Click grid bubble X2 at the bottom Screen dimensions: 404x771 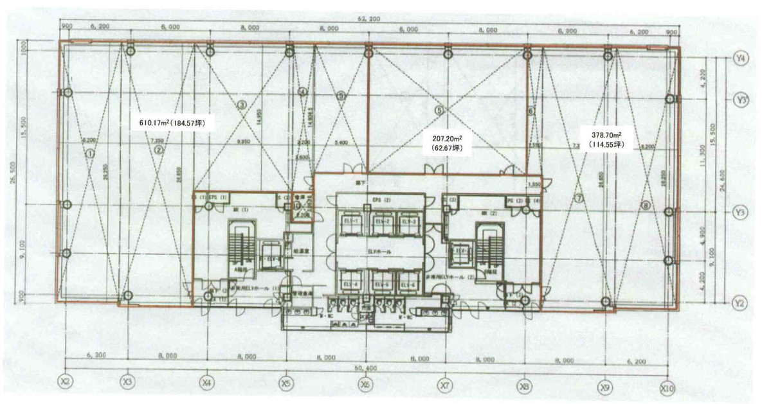(x=65, y=382)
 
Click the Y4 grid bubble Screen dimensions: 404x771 (x=741, y=58)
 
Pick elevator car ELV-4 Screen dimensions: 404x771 (x=351, y=285)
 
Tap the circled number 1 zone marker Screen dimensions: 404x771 (x=90, y=154)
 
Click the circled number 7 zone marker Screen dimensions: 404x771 (x=579, y=198)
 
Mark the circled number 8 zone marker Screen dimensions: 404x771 (x=646, y=206)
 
